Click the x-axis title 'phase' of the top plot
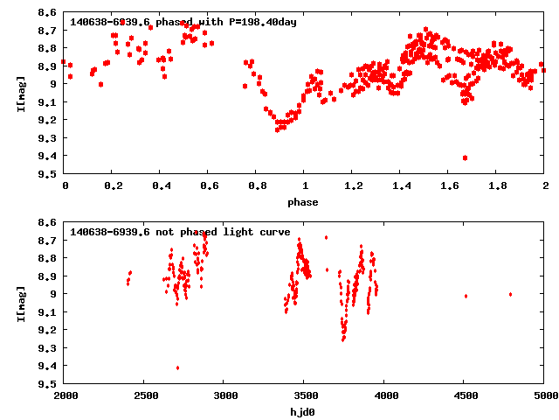point(304,202)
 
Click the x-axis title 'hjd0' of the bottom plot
point(304,412)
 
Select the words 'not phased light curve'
point(221,232)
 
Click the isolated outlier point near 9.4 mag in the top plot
point(465,157)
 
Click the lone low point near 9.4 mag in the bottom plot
point(177,367)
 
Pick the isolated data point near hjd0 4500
point(466,296)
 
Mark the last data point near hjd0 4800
point(510,294)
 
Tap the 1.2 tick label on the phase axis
point(353,187)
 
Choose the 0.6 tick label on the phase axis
point(209,187)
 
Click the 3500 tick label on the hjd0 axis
point(304,397)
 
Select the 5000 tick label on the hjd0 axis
point(544,397)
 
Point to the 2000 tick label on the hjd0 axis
point(65,397)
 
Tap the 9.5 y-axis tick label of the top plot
point(48,174)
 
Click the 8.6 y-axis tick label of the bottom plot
point(48,222)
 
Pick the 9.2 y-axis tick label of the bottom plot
point(48,330)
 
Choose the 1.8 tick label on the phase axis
point(497,187)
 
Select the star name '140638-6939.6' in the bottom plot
point(110,232)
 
